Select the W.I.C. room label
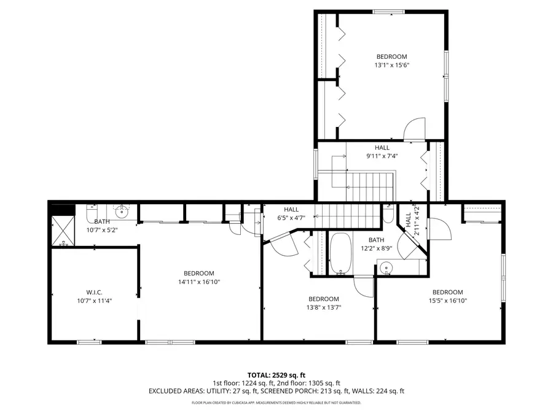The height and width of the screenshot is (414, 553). point(95,296)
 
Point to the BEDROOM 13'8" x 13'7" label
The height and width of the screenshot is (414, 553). point(323,303)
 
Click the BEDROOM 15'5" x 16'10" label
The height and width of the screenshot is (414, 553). point(447,296)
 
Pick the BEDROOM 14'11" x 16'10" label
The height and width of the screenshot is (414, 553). point(198,278)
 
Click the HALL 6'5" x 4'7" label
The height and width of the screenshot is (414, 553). point(291,213)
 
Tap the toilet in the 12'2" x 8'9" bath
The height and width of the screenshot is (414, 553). point(388,215)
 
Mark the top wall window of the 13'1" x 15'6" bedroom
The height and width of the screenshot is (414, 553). point(389,11)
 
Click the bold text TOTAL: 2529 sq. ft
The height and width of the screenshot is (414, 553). point(276,374)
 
